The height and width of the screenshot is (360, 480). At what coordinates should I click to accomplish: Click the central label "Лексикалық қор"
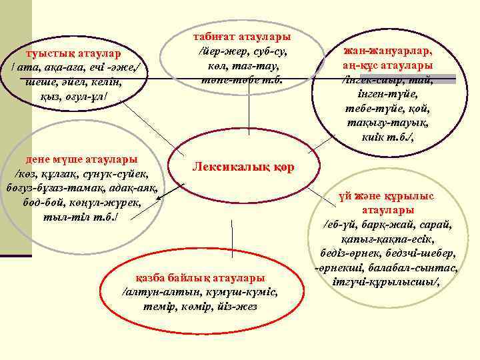click(242, 166)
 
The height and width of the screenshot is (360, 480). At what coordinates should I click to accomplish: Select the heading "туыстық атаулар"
click(73, 53)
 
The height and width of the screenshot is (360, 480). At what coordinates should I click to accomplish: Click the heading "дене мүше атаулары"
click(81, 159)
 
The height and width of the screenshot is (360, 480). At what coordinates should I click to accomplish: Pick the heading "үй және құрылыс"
click(386, 195)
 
